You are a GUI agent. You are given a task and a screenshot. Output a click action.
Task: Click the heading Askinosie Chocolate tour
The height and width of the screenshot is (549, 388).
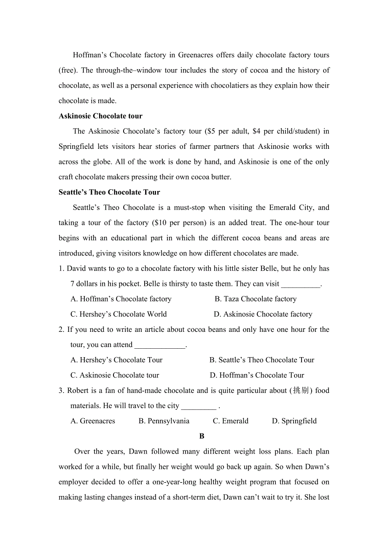pyautogui.click(x=100, y=116)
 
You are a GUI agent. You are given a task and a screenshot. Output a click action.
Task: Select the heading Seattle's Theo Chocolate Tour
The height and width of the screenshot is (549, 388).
pyautogui.click(x=109, y=192)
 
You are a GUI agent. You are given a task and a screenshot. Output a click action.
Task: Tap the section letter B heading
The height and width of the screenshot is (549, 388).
pyautogui.click(x=202, y=436)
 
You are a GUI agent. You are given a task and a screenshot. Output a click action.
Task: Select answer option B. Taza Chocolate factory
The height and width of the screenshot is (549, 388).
pyautogui.click(x=255, y=299)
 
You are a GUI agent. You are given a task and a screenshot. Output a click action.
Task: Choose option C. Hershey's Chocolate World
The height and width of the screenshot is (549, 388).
pyautogui.click(x=119, y=314)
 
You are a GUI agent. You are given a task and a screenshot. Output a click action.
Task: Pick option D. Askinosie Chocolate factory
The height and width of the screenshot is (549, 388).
pyautogui.click(x=263, y=314)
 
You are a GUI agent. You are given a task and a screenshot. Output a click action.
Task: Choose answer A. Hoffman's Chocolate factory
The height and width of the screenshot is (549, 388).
pyautogui.click(x=121, y=299)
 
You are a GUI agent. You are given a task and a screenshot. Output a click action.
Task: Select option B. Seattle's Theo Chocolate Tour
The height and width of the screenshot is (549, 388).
pyautogui.click(x=262, y=360)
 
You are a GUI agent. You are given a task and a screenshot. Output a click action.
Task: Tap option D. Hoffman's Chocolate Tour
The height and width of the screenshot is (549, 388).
pyautogui.click(x=257, y=375)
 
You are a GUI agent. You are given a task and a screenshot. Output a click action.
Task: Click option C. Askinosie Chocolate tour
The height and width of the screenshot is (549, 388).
pyautogui.click(x=115, y=375)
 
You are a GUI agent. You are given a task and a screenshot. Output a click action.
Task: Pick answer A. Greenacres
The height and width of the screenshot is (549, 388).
pyautogui.click(x=93, y=421)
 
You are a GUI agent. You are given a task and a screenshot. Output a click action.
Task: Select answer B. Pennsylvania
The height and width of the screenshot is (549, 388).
pyautogui.click(x=164, y=421)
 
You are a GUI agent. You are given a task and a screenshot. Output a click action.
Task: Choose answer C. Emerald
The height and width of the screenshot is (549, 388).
pyautogui.click(x=231, y=421)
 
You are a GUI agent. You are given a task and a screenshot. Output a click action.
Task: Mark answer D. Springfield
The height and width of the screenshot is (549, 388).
pyautogui.click(x=294, y=421)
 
